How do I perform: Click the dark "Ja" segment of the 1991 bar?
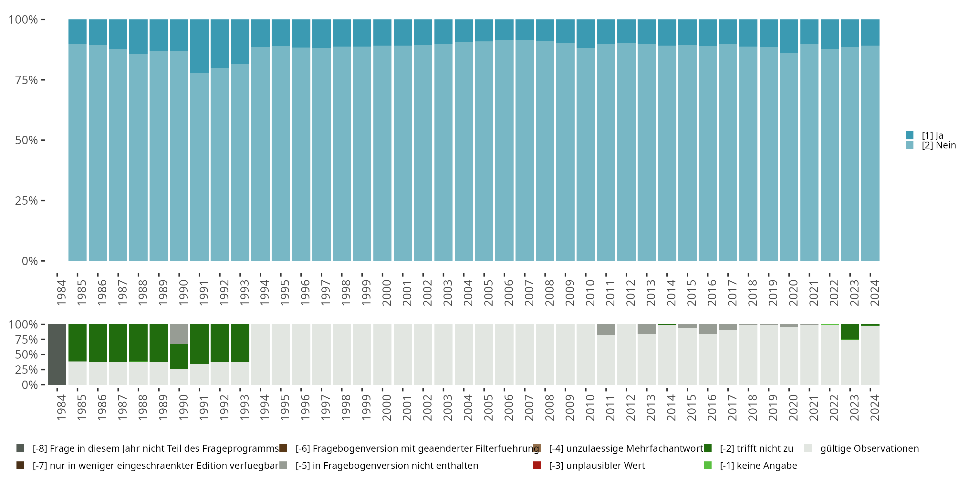(x=199, y=46)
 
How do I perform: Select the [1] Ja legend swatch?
(x=909, y=135)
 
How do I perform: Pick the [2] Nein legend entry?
(x=938, y=145)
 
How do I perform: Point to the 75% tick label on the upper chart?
(x=26, y=80)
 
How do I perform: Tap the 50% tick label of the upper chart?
(x=26, y=140)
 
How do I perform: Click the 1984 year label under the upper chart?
(x=61, y=293)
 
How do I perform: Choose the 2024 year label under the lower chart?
(x=875, y=407)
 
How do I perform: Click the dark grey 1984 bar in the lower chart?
(x=57, y=354)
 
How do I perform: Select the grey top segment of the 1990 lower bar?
(x=179, y=334)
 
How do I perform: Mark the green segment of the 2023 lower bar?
(x=850, y=332)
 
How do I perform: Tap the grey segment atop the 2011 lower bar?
(x=606, y=329)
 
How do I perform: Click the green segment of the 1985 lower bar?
(x=78, y=343)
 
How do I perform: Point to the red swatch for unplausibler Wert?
(x=537, y=465)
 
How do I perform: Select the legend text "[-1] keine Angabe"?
(x=758, y=465)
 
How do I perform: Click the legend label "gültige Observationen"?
(x=869, y=448)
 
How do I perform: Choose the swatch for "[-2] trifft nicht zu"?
(x=708, y=448)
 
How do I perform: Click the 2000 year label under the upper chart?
(x=387, y=293)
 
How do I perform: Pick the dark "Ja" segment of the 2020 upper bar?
(x=789, y=36)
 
